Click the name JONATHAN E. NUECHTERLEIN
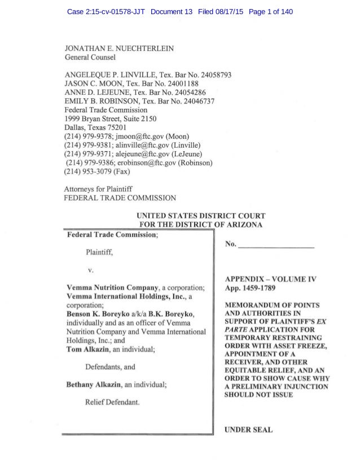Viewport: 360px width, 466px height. coord(119,49)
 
